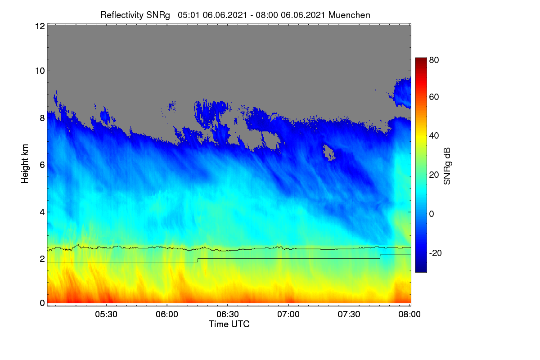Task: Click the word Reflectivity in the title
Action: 122,15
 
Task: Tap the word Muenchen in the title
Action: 349,15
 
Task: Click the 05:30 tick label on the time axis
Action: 106,314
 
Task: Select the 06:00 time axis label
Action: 167,314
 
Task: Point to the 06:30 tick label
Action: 228,314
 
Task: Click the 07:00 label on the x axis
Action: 288,314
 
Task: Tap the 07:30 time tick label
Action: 349,314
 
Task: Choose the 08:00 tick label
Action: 409,314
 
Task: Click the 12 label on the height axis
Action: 40,26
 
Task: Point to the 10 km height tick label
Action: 40,71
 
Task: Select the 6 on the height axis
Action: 42,165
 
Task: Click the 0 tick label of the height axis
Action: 42,303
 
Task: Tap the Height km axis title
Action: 25,164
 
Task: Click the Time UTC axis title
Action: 229,324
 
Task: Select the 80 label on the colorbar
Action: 434,60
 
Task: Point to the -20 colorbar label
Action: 436,253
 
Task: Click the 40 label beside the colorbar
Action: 434,136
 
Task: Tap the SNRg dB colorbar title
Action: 447,166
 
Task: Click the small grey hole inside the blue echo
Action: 329,153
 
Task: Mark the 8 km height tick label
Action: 42,118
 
